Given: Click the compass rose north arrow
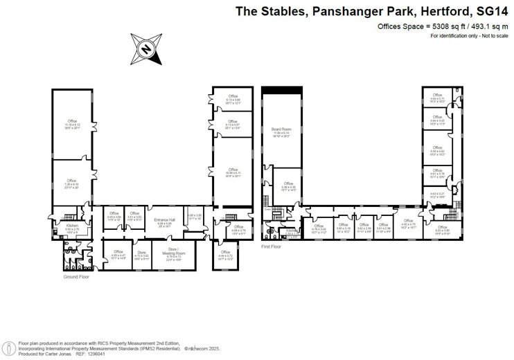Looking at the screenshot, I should [146, 48].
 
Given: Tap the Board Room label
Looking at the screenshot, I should [280, 129].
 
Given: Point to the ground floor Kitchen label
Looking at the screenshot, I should [72, 226].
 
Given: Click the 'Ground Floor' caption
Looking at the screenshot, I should [76, 276].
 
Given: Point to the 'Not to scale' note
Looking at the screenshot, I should [491, 35].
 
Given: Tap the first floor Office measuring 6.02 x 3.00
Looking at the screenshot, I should [441, 228].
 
